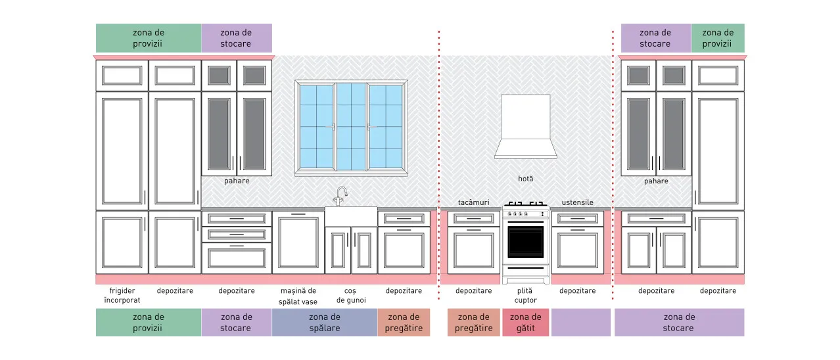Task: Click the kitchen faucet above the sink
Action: point(341,196)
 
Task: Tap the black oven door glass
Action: point(525,242)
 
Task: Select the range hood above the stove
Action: point(525,126)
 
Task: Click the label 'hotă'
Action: point(525,179)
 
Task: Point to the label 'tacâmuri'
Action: point(473,202)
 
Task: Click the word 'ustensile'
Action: point(578,202)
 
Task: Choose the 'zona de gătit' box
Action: point(525,322)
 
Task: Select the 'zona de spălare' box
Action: point(325,322)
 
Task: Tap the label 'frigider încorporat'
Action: point(122,295)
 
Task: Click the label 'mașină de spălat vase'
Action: point(298,296)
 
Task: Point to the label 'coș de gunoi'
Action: point(350,295)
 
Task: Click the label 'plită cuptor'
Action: point(525,295)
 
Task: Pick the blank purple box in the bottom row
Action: point(581,322)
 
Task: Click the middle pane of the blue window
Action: point(351,126)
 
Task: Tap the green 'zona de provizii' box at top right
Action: point(718,38)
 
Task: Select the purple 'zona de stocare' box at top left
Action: point(236,38)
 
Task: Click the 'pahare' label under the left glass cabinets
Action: point(237,181)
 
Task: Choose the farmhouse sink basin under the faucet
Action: point(351,216)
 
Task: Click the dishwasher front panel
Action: point(298,242)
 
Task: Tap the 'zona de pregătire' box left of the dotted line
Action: point(404,322)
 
